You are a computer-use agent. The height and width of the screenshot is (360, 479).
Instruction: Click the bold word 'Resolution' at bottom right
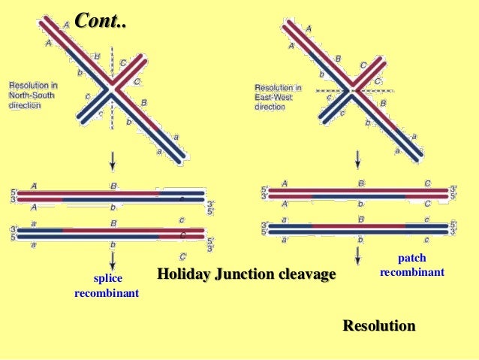pos(378,326)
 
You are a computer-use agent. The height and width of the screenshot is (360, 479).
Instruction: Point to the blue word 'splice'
pos(106,279)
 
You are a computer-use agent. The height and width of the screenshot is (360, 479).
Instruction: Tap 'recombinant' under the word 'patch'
pos(411,271)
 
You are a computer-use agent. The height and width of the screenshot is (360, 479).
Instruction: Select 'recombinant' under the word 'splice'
pos(106,292)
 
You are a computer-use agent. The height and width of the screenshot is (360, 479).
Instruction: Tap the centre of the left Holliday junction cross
pos(112,89)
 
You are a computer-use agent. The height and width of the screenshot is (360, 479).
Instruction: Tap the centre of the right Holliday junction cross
pos(350,91)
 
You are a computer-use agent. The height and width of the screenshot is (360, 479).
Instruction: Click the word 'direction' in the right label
pos(270,107)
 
